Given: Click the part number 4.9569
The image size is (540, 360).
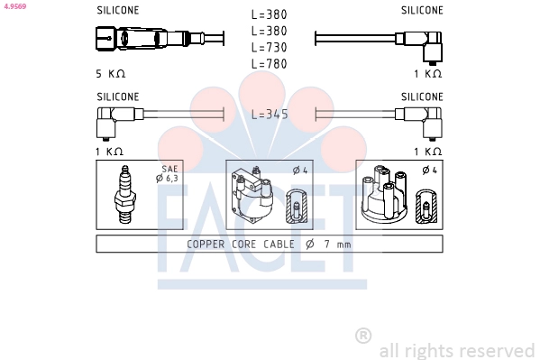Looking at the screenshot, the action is pos(15,6).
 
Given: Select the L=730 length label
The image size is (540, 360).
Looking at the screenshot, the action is pos(270,48).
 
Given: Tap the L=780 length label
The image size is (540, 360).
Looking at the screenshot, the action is pos(270,64).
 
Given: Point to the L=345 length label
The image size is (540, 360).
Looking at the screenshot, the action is pos(270,115).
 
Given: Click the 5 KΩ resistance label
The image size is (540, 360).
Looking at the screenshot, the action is pos(111,74).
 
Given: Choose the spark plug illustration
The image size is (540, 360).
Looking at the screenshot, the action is pos(125,195).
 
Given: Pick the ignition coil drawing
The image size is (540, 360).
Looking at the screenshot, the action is pos(252,196).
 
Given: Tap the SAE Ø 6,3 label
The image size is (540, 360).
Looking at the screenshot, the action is pos(168,173).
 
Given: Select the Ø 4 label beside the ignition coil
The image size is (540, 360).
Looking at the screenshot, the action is pos(300,170).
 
